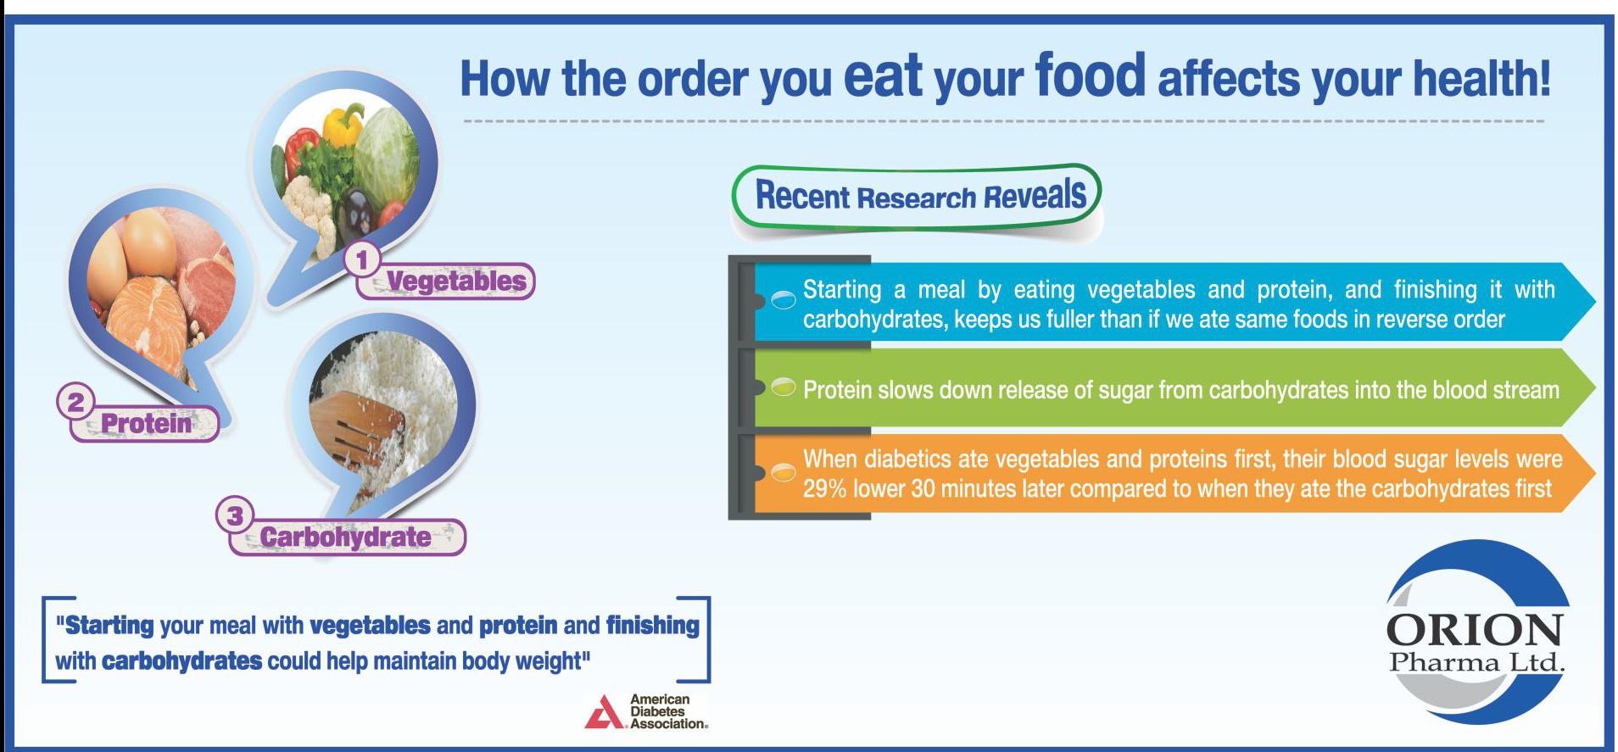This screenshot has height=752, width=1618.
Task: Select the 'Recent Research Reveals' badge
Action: tap(917, 196)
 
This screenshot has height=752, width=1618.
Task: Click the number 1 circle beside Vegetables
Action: tap(362, 259)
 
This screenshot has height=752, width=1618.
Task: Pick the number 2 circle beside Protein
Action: tap(75, 401)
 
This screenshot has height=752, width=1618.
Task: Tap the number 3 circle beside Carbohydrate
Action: tap(235, 515)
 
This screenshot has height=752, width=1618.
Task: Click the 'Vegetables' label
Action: tap(456, 281)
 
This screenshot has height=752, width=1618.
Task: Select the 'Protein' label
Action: tap(147, 422)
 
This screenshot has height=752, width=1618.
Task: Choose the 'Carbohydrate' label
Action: tap(345, 537)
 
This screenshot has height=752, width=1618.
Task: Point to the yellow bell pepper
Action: tap(343, 125)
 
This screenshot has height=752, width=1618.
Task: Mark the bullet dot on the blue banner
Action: tap(784, 299)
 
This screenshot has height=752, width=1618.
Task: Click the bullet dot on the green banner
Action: tap(784, 387)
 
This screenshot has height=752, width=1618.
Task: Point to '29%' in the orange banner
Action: tap(824, 489)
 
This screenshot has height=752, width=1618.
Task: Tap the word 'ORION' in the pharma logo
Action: tap(1474, 630)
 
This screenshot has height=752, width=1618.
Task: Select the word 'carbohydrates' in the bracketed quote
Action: tap(181, 661)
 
